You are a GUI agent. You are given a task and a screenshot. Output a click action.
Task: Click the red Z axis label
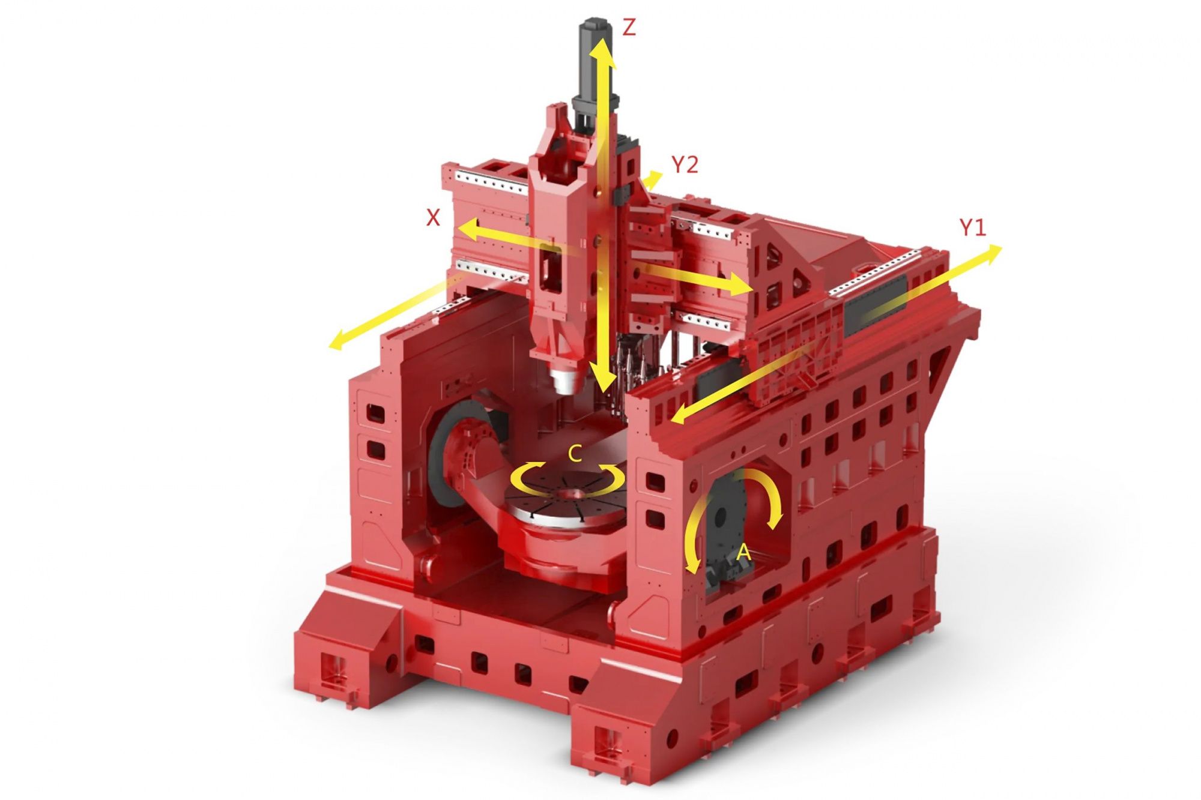pyautogui.click(x=629, y=28)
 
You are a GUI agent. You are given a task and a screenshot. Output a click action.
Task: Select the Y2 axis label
pyautogui.click(x=685, y=164)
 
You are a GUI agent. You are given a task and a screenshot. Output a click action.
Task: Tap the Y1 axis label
pyautogui.click(x=972, y=227)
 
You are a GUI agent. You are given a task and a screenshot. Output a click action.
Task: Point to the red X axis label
pyautogui.click(x=433, y=217)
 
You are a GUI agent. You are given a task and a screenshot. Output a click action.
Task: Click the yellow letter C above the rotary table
pyautogui.click(x=575, y=454)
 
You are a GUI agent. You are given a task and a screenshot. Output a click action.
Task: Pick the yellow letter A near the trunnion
pyautogui.click(x=743, y=552)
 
